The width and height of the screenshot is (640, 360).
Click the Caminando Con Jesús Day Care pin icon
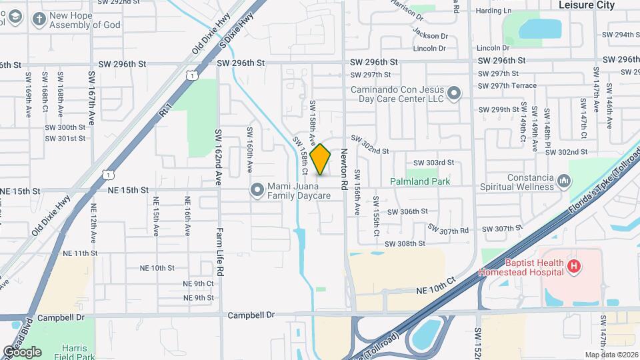(454, 93)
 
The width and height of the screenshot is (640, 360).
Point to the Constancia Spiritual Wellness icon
(564, 181)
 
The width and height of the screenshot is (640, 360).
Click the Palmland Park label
(420, 181)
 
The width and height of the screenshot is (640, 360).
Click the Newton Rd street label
(345, 169)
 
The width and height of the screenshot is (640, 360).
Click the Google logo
(21, 351)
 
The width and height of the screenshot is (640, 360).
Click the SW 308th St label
(405, 244)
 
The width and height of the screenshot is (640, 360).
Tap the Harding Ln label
(494, 11)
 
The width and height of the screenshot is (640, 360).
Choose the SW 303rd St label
(433, 163)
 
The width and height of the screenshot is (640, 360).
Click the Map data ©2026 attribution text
(611, 355)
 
